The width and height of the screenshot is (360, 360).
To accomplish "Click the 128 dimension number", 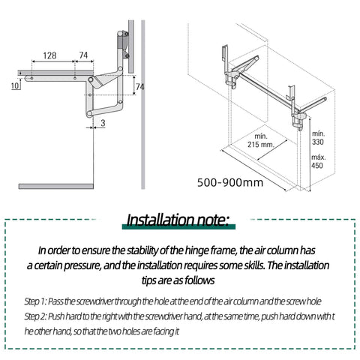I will click(x=49, y=55).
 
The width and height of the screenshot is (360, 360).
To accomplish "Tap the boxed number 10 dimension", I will click(x=16, y=86).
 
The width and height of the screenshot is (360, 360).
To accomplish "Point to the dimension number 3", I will click(x=103, y=121).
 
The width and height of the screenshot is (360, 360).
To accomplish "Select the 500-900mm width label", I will click(x=230, y=181).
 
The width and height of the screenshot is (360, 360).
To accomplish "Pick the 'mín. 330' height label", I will click(x=317, y=136).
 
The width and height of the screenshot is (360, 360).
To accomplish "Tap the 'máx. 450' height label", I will click(x=317, y=161).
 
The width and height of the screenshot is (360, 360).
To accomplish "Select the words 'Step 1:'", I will click(x=37, y=301).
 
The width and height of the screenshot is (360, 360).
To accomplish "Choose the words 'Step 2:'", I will click(x=38, y=316).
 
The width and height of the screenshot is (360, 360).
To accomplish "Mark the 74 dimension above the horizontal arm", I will click(x=83, y=55).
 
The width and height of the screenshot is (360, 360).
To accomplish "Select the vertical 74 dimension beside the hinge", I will click(x=139, y=87).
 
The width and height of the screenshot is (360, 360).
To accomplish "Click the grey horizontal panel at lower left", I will click(x=57, y=184).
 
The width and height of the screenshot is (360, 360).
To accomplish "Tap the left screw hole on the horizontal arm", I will click(x=33, y=76).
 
